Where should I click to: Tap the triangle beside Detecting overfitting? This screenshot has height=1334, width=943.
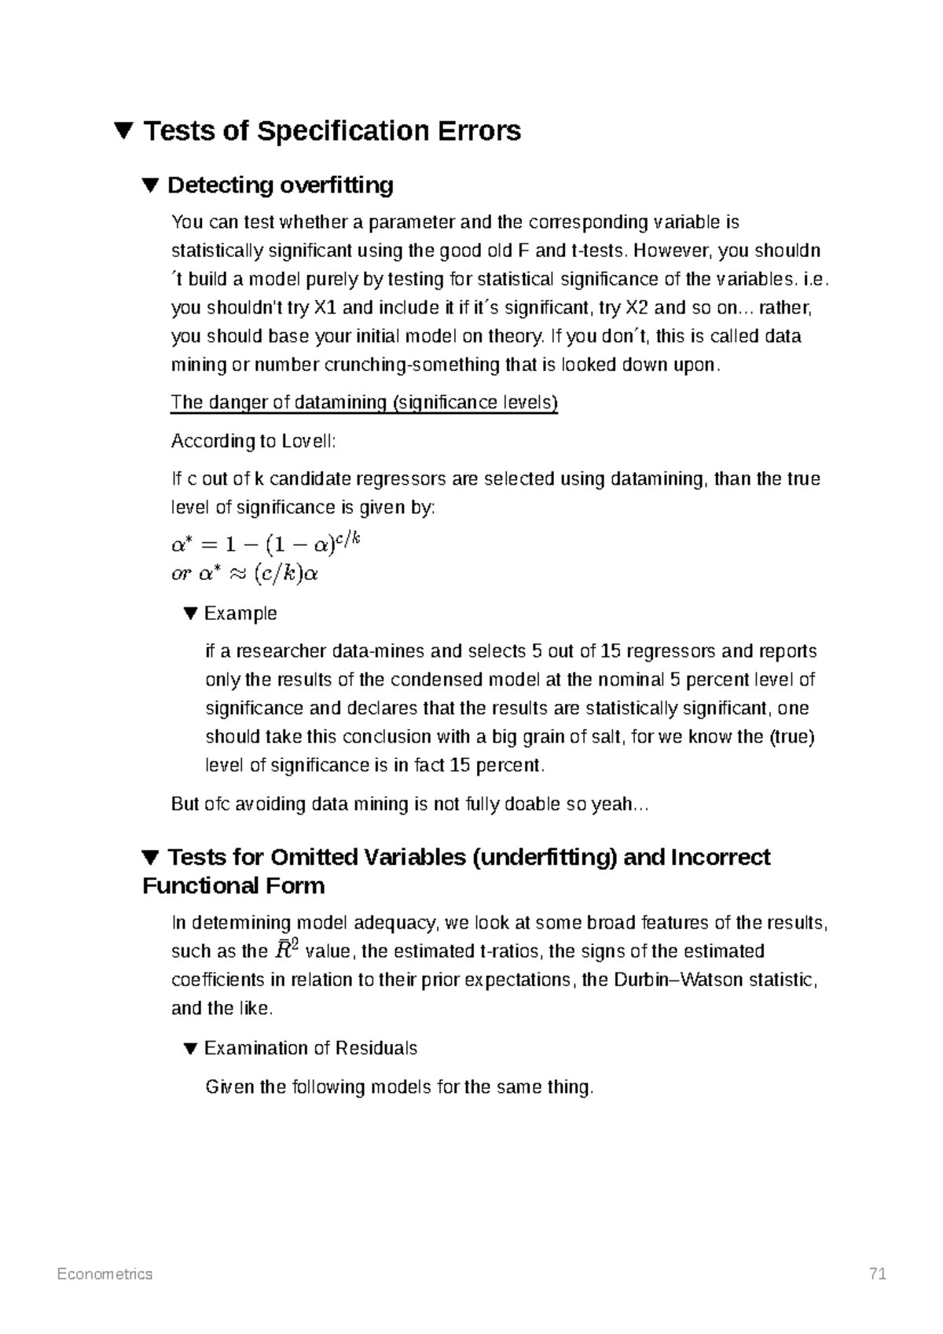point(151,186)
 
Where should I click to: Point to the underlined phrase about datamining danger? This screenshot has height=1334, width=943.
point(364,403)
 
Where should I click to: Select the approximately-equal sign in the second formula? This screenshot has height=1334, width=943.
point(236,574)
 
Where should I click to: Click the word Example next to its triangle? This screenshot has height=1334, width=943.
point(240,614)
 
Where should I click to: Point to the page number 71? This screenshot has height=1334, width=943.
point(877,1274)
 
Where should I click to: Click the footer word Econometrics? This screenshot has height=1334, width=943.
point(105,1274)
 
